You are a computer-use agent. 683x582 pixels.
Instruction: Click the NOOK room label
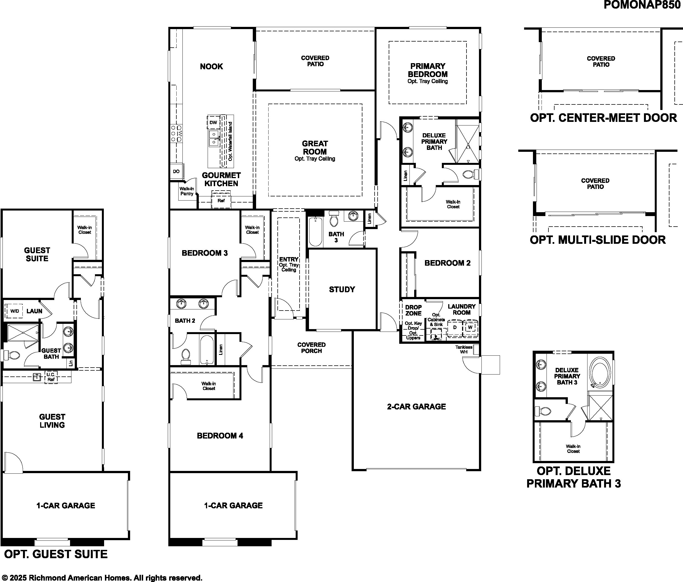click(x=211, y=66)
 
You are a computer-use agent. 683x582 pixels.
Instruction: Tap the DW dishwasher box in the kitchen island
click(x=213, y=122)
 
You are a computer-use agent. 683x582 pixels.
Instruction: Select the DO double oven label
click(x=176, y=171)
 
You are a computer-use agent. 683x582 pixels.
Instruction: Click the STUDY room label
click(x=342, y=289)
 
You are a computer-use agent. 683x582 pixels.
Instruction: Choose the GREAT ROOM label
click(x=315, y=147)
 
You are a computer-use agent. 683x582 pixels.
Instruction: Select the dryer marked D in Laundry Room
click(x=455, y=328)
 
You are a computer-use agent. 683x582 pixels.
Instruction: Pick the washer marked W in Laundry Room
click(x=470, y=328)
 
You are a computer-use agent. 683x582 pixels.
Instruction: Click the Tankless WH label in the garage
click(x=464, y=350)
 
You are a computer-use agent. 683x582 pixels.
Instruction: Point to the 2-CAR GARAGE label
click(x=416, y=407)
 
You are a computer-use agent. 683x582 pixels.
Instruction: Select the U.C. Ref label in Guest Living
click(x=51, y=377)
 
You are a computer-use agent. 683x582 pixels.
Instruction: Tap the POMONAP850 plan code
click(x=643, y=5)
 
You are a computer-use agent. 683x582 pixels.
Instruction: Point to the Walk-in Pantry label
click(x=187, y=191)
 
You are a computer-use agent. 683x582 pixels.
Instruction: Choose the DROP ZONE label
click(x=413, y=310)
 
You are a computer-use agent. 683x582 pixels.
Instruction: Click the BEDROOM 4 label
click(x=220, y=436)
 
